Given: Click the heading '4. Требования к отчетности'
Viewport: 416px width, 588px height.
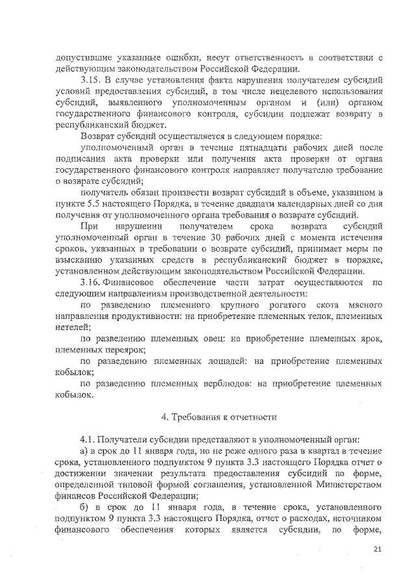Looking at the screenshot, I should coord(220,416).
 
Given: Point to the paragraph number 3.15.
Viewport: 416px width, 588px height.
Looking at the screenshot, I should coord(91,79).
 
